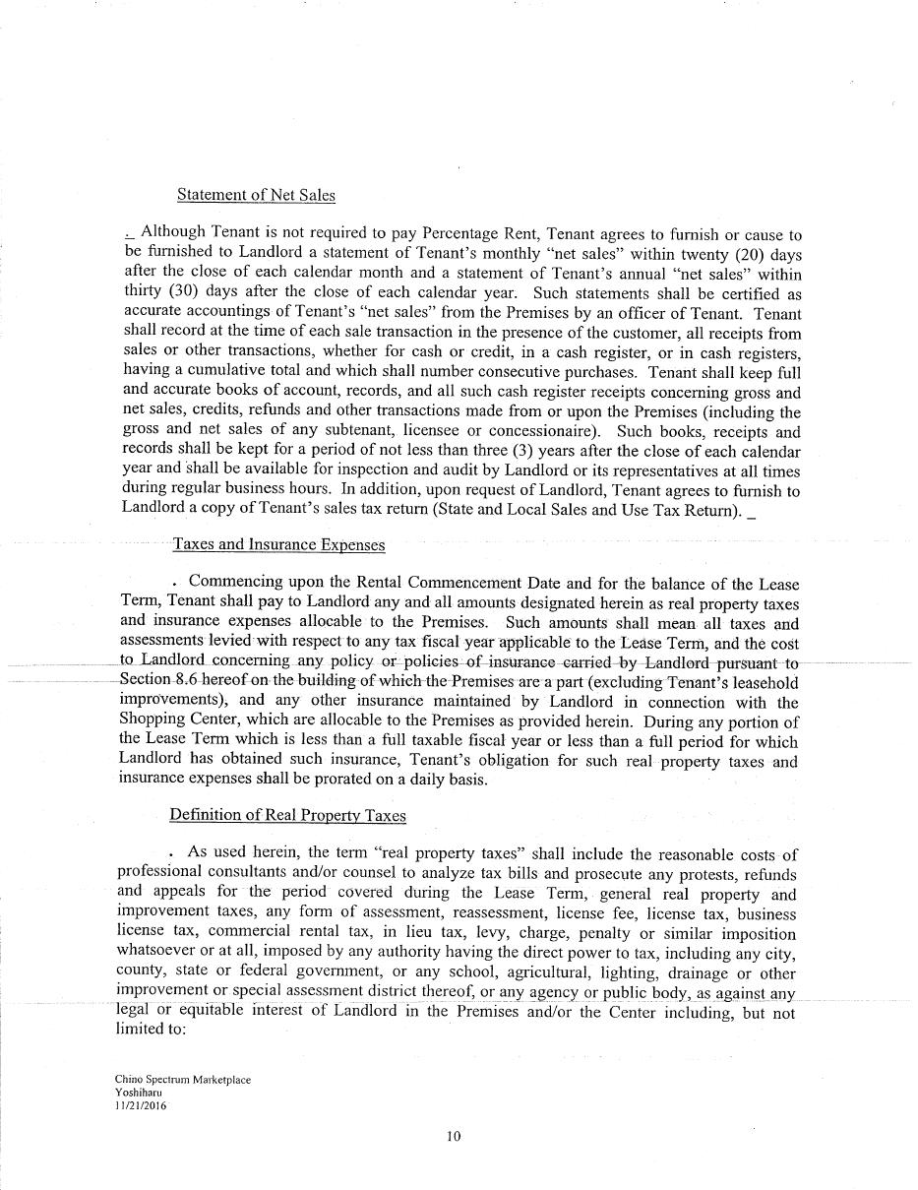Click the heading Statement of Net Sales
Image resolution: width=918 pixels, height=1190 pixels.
(x=256, y=195)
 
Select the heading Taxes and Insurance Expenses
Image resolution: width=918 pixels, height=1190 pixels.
(x=278, y=544)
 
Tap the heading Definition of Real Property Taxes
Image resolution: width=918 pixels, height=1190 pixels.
(x=287, y=815)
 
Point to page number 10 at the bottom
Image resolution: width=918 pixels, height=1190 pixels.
(x=454, y=1136)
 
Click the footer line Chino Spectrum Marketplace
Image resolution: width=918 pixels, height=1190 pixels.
(x=182, y=1080)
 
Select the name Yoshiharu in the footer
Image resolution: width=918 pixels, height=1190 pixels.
(x=138, y=1093)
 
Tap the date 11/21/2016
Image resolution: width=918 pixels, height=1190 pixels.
(x=141, y=1105)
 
